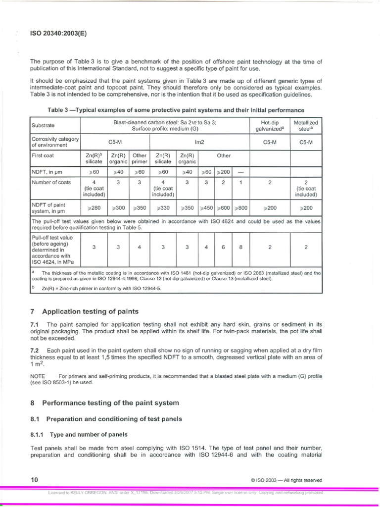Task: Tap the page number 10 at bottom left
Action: tap(34, 480)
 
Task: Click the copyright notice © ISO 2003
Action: tap(286, 480)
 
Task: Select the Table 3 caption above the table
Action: tap(176, 110)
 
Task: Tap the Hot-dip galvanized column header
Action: tap(270, 125)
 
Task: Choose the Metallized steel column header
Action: tap(306, 125)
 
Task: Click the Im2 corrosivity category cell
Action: tap(199, 142)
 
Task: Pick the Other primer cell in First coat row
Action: tap(140, 158)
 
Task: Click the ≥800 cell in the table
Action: tap(240, 208)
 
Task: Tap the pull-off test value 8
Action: tap(240, 248)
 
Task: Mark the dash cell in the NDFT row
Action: tap(240, 172)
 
